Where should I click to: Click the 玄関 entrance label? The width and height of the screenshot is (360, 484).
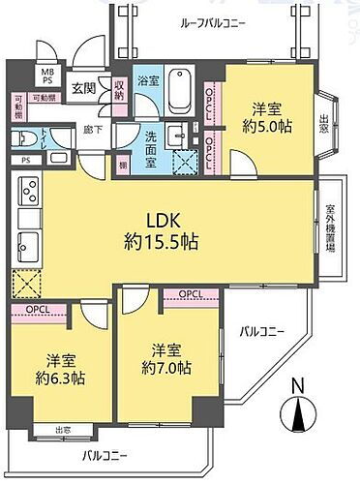coord(82,88)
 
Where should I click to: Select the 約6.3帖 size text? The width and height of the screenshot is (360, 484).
coord(55,377)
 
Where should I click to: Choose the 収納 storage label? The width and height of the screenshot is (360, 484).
coord(119,91)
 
